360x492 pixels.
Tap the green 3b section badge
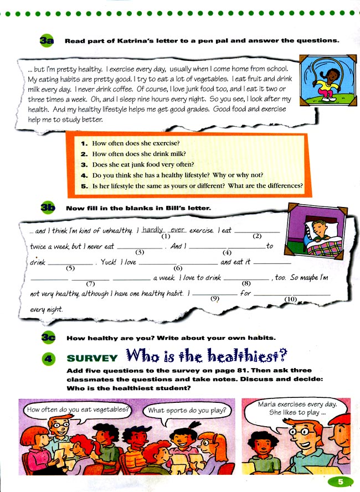tap(48, 208)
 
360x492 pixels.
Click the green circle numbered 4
tap(48, 358)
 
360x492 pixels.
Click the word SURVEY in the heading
tap(92, 358)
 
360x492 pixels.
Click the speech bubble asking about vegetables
tap(78, 410)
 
